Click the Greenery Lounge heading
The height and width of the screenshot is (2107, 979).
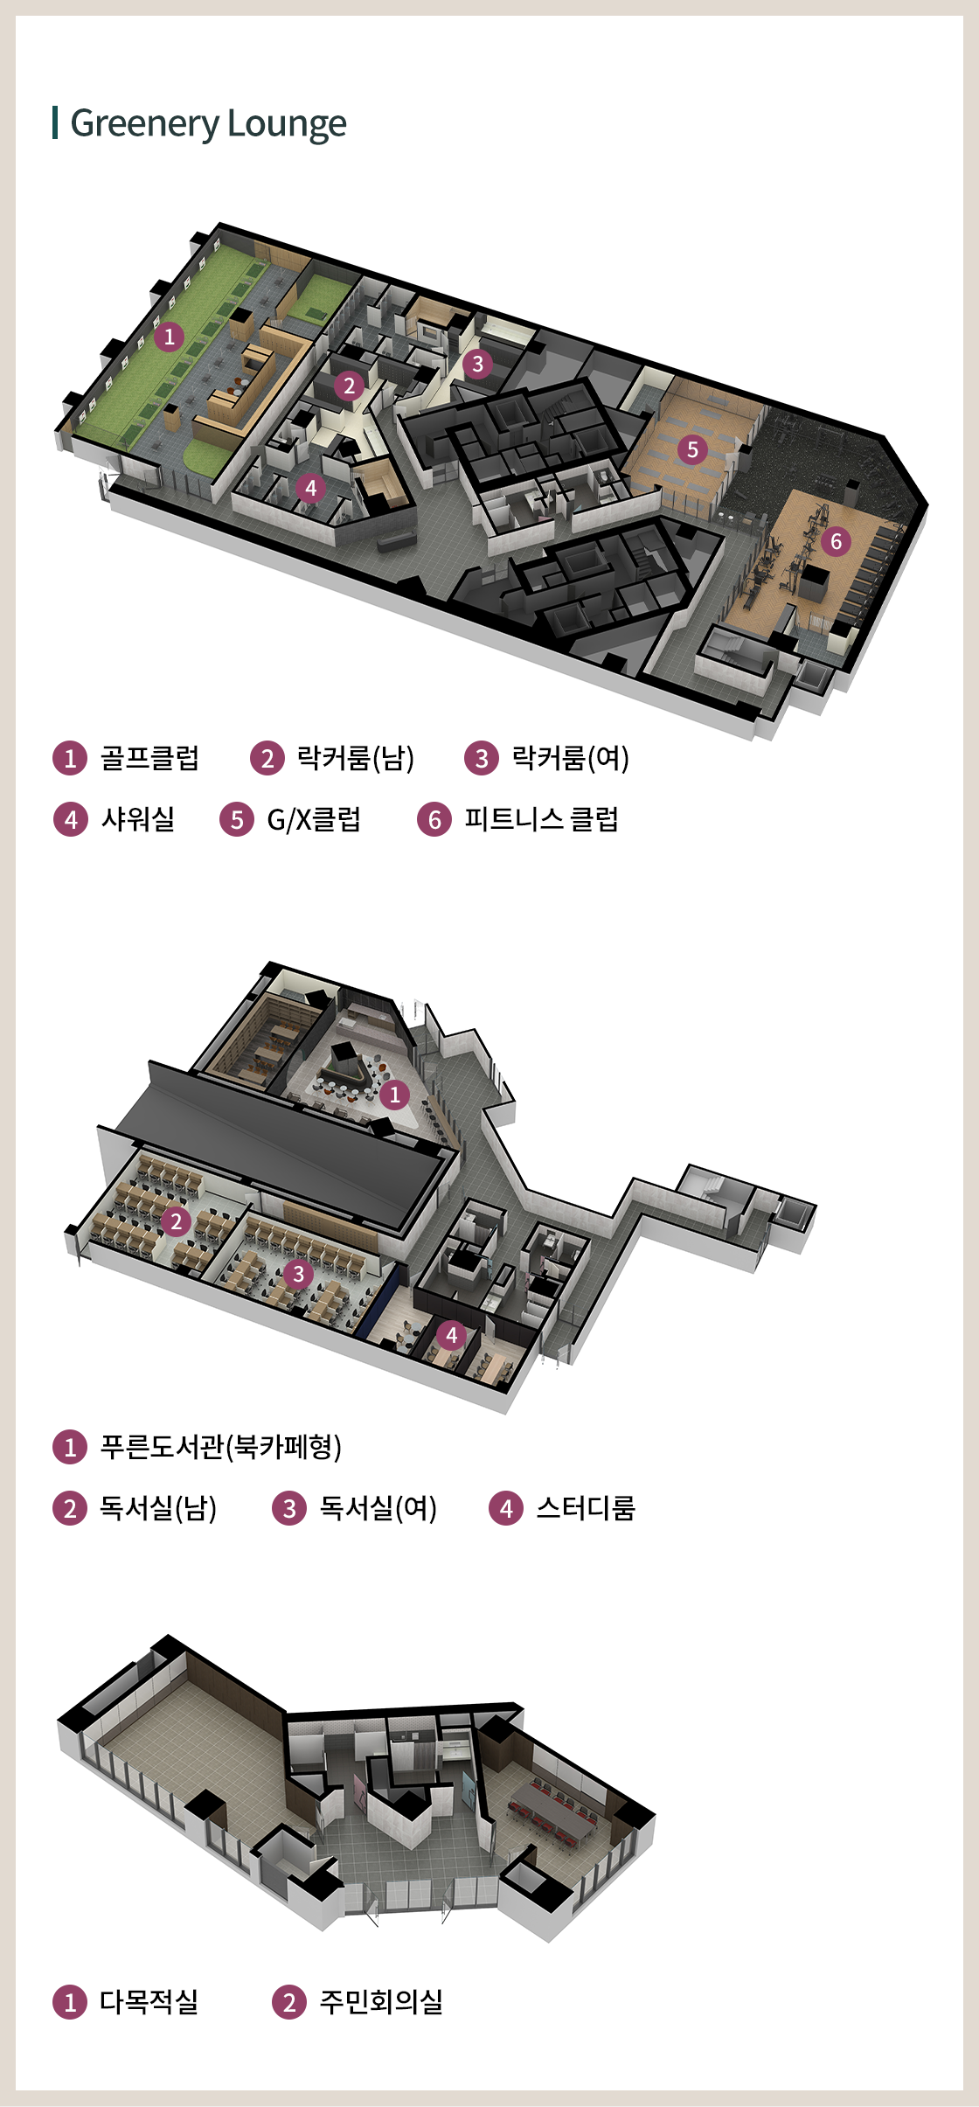(x=208, y=123)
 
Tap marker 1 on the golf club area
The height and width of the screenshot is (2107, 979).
(x=169, y=336)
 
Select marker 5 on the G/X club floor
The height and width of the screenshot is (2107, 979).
(x=692, y=449)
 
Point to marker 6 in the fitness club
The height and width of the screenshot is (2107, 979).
(x=836, y=541)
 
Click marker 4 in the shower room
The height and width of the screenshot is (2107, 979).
(x=311, y=488)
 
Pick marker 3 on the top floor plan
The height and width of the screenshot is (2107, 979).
(x=477, y=364)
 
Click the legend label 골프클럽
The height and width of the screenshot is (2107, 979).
(x=149, y=757)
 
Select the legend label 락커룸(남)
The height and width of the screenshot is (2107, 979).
(x=356, y=757)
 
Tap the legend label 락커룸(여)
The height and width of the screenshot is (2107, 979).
(x=570, y=757)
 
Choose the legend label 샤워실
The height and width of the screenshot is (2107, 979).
(x=138, y=819)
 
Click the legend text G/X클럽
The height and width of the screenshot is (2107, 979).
(x=314, y=819)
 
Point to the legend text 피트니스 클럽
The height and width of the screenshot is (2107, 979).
(x=541, y=819)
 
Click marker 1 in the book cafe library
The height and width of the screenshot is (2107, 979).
(x=395, y=1094)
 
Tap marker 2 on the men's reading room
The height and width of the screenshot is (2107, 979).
(x=176, y=1220)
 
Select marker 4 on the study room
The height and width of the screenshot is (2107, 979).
(x=451, y=1335)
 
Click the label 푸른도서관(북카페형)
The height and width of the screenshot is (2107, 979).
(x=221, y=1447)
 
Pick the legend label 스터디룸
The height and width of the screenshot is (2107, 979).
(x=586, y=1508)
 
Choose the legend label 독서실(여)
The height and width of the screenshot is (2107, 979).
(x=378, y=1508)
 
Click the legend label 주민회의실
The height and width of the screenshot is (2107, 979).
(x=381, y=2001)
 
